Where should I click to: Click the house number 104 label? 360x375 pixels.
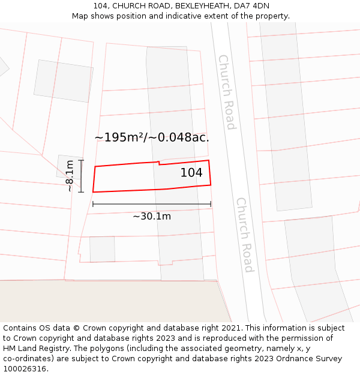point(191,173)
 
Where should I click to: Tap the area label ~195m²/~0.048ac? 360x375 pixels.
point(152,137)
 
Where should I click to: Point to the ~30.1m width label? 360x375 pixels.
point(152,216)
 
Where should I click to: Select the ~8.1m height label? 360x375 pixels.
point(70,176)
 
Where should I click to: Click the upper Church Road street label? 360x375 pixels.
point(227,92)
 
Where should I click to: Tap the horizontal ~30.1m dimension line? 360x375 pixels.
point(152,205)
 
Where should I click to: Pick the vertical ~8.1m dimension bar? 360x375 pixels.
point(81,176)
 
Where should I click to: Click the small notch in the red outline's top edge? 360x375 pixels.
point(159,163)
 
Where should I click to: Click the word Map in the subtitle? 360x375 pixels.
point(80,16)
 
